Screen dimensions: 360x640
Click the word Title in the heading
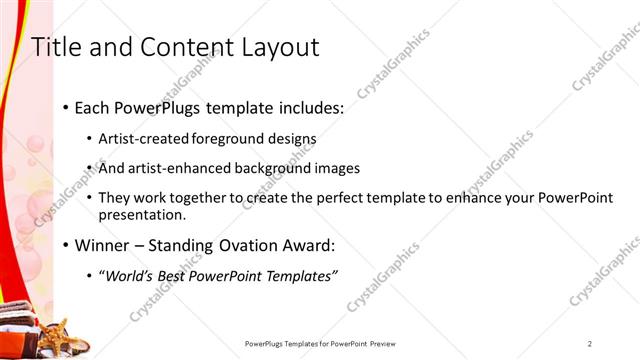coord(57,47)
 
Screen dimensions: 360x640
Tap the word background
coord(273,168)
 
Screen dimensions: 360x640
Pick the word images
coord(338,168)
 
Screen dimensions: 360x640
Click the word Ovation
coord(247,245)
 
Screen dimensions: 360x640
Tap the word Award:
coord(309,245)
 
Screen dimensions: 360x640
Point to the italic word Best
coord(183,276)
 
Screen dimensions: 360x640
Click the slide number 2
coord(590,343)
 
